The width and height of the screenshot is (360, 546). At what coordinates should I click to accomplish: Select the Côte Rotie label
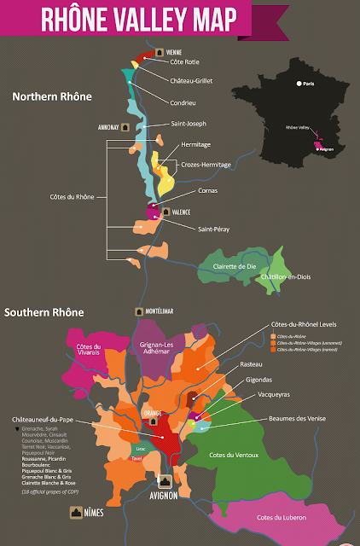[x=192, y=62]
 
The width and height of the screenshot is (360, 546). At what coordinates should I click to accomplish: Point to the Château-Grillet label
[x=198, y=80]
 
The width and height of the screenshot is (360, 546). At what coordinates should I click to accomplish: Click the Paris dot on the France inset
[x=298, y=84]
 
